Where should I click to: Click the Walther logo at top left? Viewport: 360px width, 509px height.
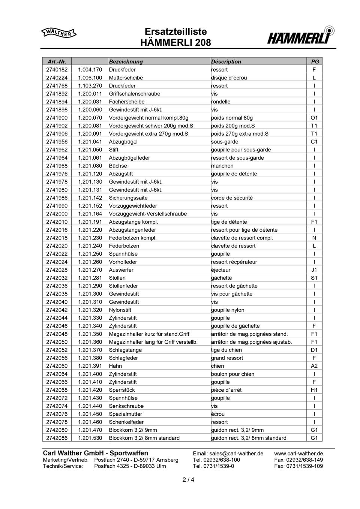coord(58,33)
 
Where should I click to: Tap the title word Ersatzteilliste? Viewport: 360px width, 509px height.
coord(175,32)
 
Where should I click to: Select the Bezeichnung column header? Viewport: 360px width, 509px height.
coord(126,61)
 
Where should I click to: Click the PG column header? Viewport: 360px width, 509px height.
coord(315,61)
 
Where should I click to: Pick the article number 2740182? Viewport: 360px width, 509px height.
coord(57,70)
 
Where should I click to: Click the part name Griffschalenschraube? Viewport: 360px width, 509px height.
coord(135,94)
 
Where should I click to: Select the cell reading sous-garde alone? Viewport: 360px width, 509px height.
coord(225,142)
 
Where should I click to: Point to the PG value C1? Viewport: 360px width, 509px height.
coord(314,142)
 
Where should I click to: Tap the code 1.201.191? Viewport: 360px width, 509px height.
coord(90,222)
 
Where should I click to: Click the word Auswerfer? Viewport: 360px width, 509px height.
coord(121,270)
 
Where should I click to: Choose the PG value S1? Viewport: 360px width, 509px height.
coord(314,278)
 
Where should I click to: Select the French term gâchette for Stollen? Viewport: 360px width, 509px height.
coord(222,278)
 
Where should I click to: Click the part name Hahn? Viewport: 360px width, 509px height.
coord(115,366)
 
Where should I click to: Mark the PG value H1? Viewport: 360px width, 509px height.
coord(314,390)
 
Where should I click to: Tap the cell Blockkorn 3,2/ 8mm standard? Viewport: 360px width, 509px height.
coord(144,438)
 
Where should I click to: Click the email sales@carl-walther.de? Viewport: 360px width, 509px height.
coord(228,454)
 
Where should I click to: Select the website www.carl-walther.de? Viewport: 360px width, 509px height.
coord(298,454)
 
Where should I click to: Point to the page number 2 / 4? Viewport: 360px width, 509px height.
coord(188,479)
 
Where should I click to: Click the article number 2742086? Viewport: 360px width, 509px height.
coord(57,438)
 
